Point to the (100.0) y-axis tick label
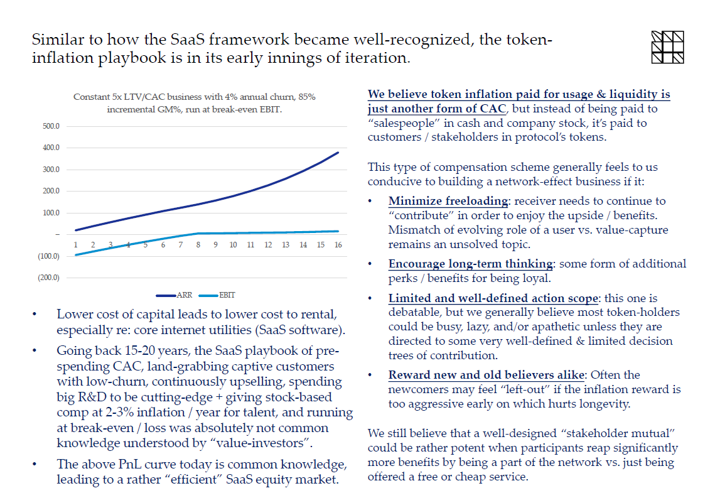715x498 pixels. pos(48,256)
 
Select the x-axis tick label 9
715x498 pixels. pos(215,244)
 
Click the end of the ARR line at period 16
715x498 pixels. pos(338,152)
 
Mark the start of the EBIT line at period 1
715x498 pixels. pos(75,254)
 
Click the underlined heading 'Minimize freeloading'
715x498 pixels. pos(448,201)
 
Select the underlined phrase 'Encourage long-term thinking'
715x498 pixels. pos(470,263)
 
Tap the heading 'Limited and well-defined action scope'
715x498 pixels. pos(493,298)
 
